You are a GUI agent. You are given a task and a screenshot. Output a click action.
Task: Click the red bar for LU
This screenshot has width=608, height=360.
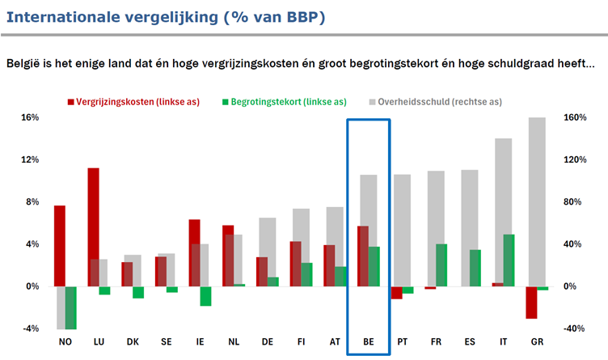coord(94,227)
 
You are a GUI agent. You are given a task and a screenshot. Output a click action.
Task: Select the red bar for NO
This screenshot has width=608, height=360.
coord(60,246)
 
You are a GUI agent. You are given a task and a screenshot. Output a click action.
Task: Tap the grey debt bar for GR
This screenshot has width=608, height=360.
coord(537,202)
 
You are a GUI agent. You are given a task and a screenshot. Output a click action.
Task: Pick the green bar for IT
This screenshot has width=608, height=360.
coord(509,260)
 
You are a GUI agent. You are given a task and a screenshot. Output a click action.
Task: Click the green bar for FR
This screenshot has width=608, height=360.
coord(441,265)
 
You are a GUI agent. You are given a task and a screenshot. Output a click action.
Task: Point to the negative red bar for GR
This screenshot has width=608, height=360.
coord(532,303)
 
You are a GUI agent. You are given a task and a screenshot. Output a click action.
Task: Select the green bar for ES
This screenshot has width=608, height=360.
coord(475,268)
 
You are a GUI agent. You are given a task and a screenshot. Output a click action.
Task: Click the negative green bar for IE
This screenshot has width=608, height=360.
coord(206,296)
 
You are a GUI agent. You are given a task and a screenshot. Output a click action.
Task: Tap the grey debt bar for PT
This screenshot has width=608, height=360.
coord(402,231)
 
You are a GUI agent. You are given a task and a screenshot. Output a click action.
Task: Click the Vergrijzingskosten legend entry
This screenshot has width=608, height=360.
coord(133,102)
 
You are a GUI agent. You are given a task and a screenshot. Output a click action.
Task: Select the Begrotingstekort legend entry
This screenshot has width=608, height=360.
coord(285,102)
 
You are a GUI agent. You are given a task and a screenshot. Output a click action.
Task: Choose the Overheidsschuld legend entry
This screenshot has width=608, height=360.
coord(436,102)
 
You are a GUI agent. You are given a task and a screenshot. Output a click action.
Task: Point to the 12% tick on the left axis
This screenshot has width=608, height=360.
coord(30,159)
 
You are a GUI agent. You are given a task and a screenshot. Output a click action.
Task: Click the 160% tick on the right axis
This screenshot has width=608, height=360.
coord(575,117)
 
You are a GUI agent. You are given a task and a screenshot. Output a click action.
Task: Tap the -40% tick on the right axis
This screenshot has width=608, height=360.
coord(574,328)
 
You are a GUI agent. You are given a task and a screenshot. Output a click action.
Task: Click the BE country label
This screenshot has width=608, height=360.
coord(369,341)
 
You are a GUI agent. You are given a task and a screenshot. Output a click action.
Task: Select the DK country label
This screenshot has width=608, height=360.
coord(133,341)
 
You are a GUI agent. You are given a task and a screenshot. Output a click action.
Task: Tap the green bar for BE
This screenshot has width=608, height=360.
coord(374,266)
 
